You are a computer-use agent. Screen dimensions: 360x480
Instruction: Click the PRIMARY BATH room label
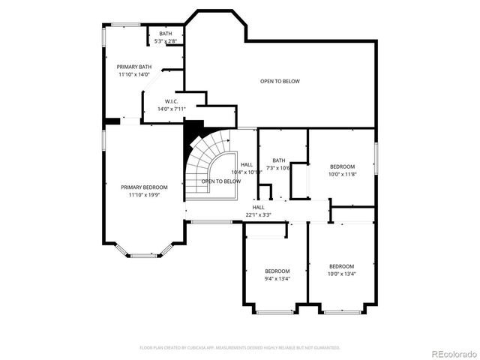(133, 67)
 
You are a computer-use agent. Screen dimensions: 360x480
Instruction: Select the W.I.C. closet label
(172, 101)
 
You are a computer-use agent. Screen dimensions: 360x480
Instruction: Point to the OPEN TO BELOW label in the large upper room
(280, 81)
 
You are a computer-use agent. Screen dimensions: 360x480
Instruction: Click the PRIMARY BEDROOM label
(144, 187)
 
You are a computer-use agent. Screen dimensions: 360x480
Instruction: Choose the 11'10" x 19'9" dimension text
(144, 195)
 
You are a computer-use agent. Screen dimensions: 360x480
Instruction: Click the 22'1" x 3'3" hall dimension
(258, 214)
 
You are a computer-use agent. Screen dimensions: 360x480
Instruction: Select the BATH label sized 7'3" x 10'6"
(279, 160)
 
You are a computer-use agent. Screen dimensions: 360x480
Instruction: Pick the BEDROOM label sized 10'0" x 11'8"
(342, 166)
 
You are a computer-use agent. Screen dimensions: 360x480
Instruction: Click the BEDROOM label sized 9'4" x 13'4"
(277, 271)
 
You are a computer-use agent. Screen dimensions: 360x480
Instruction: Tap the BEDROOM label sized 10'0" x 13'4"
(341, 265)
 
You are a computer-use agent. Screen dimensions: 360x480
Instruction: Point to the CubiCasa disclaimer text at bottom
(240, 347)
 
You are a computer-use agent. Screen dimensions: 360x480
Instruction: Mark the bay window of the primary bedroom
(144, 256)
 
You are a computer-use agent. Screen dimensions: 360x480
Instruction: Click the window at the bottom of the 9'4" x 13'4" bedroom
(274, 311)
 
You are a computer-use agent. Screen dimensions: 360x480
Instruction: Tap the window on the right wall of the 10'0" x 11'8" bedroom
(375, 160)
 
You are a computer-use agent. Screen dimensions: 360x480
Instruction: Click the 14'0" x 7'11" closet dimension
(172, 109)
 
